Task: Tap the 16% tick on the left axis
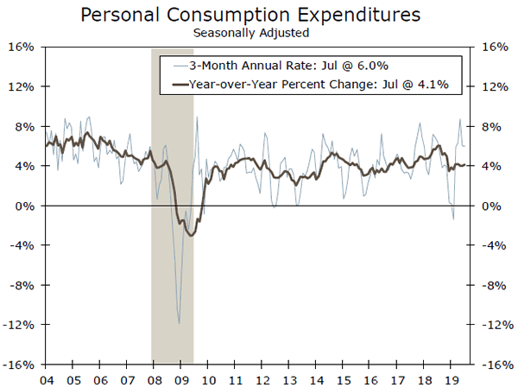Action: pos(20,47)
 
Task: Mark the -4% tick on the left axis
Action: pos(20,245)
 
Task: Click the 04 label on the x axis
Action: pos(47,378)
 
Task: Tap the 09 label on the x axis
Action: pos(181,378)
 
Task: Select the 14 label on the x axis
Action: pos(315,378)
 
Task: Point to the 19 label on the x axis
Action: pos(449,378)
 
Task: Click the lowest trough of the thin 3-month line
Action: pos(179,323)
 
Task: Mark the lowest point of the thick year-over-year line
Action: pos(192,235)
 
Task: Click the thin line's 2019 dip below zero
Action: pos(453,219)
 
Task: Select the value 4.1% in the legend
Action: pos(436,85)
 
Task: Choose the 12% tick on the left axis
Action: pos(20,86)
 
